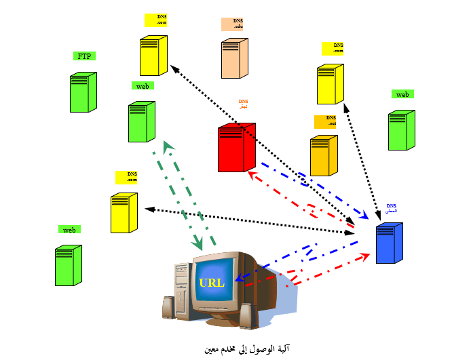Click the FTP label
(x=84, y=56)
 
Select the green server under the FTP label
(x=83, y=92)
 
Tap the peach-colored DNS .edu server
(x=235, y=58)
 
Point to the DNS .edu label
(x=232, y=24)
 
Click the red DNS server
(x=236, y=147)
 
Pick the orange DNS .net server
(x=323, y=156)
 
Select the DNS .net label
(x=326, y=121)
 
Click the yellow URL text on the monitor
(x=211, y=283)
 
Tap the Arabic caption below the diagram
(x=247, y=349)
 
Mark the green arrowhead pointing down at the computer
(x=198, y=242)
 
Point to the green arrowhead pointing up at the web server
(x=168, y=146)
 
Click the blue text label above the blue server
(x=392, y=208)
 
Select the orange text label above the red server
(x=243, y=104)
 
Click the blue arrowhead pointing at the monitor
(x=238, y=277)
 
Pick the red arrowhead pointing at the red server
(x=252, y=174)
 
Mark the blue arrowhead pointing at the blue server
(x=363, y=216)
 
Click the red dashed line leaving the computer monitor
(x=271, y=278)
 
